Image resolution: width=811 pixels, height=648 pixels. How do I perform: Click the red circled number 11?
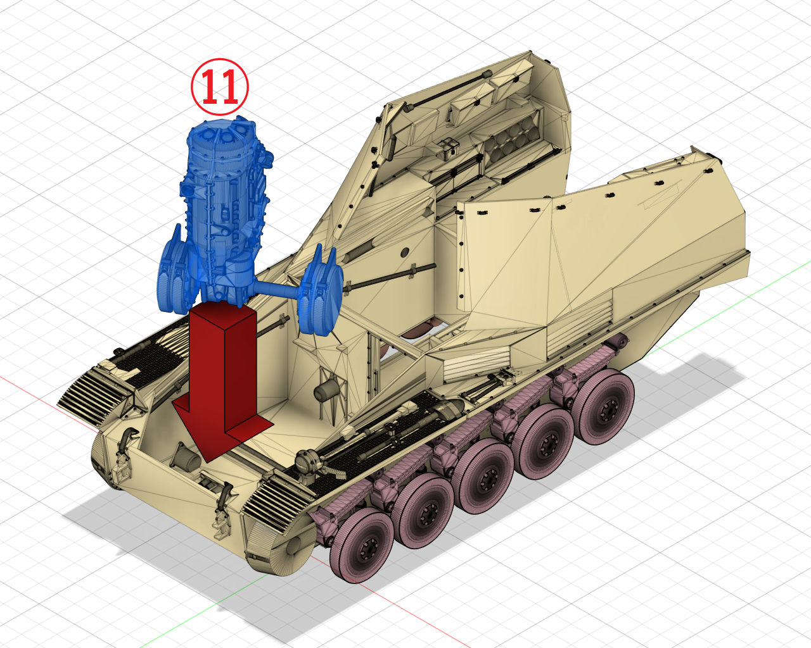220,87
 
